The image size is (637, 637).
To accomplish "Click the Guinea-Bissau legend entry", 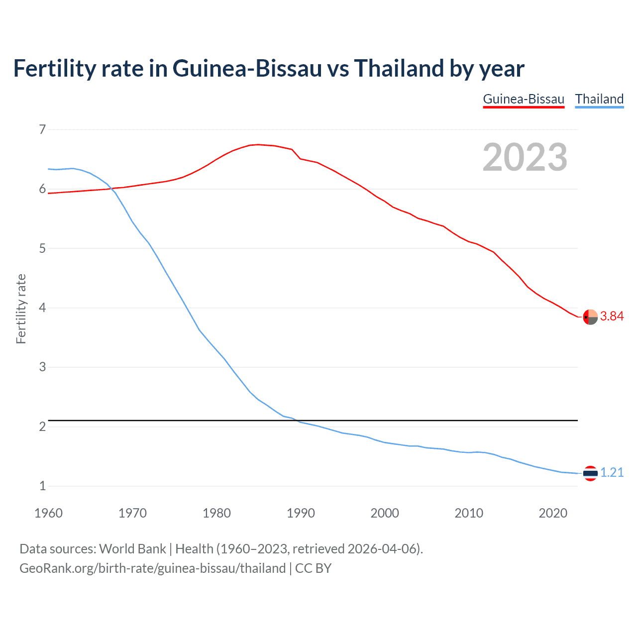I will coord(524,99).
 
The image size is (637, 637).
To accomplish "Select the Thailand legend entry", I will coord(599,99).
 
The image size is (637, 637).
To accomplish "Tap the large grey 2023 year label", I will coord(525,157).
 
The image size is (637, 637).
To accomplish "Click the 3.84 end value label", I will coord(612,317).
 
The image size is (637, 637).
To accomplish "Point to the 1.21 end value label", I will coord(612,473).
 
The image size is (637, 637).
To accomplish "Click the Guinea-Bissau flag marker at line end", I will coord(590,317).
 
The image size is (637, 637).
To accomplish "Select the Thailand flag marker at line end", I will coord(590,473).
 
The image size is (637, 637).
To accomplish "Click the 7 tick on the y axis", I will coord(42,130).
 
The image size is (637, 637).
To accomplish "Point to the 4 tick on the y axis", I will coord(42,308).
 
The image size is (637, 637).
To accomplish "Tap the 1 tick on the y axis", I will coord(42,486).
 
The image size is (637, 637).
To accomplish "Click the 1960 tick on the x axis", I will coord(48,513).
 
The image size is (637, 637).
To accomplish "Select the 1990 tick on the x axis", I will coord(301,513).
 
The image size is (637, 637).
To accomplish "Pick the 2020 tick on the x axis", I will coord(553,513).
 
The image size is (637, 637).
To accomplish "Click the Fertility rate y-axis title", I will coord(21,309).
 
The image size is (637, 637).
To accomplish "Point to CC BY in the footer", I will coord(313,568).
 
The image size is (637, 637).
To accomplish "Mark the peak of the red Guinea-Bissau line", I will coord(257,144).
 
